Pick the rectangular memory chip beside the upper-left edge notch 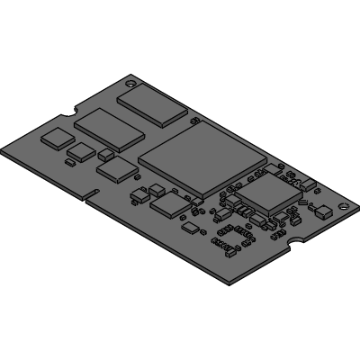pyautogui.click(x=109, y=127)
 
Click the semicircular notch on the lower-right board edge pyautogui.click(x=292, y=244)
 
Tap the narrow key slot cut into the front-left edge pyautogui.click(x=90, y=194)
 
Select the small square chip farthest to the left pyautogui.click(x=58, y=137)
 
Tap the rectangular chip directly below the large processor pyautogui.click(x=169, y=205)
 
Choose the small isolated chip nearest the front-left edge pyautogui.click(x=191, y=229)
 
